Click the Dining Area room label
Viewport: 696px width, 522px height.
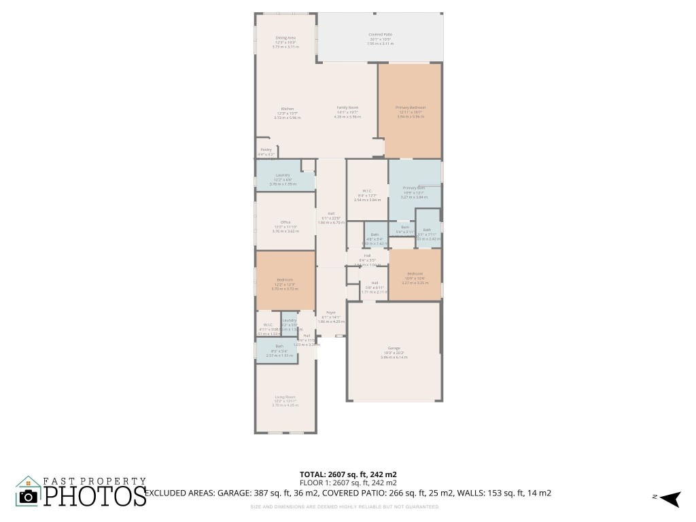click(x=285, y=38)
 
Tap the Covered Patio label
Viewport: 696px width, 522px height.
click(x=380, y=34)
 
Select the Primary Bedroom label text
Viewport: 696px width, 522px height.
click(x=411, y=107)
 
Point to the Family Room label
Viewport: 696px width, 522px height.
click(x=347, y=108)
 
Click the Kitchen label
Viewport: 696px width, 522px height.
click(x=288, y=109)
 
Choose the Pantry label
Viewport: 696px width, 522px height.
click(x=266, y=150)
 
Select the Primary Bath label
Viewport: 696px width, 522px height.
click(x=413, y=188)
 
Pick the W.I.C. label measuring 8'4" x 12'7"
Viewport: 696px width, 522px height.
click(x=367, y=191)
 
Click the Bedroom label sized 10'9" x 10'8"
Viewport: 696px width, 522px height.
click(x=415, y=274)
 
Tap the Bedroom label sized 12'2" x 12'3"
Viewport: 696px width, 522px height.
click(x=285, y=279)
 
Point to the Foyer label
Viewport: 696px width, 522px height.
click(x=331, y=313)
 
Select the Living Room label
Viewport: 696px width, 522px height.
click(x=285, y=397)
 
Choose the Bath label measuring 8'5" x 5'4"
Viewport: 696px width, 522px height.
click(x=279, y=346)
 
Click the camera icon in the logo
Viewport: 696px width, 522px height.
click(x=29, y=496)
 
